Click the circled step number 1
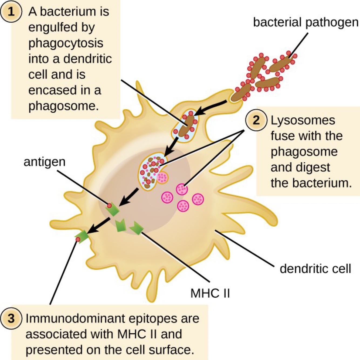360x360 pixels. [x=11, y=12]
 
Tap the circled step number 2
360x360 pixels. [x=256, y=120]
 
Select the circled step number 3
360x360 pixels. [x=11, y=319]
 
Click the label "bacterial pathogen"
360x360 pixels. [x=305, y=22]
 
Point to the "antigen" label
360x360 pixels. [x=45, y=162]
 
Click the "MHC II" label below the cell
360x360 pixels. [x=210, y=293]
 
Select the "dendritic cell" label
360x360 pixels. [x=315, y=269]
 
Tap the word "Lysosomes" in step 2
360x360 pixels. [x=303, y=120]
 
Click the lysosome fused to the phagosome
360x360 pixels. [x=162, y=178]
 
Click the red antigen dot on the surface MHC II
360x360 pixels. [x=78, y=240]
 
